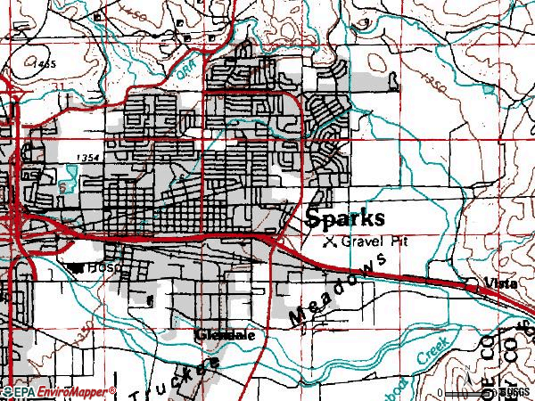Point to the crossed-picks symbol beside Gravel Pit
pos(330,241)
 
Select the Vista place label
pos(500,282)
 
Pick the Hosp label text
pos(103,266)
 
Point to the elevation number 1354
pos(89,157)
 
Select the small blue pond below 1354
pos(62,190)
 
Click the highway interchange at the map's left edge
pos(18,218)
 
